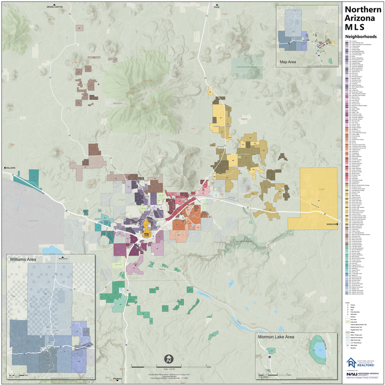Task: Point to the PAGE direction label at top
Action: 217,7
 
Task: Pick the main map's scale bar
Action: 169,367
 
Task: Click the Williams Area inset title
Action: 24,259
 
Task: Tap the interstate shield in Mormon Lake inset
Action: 269,356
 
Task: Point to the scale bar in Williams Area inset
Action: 21,376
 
